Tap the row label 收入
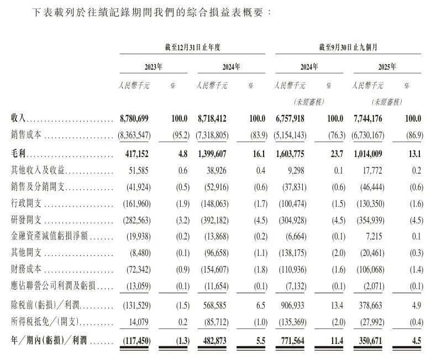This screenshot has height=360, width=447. click(x=19, y=119)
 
